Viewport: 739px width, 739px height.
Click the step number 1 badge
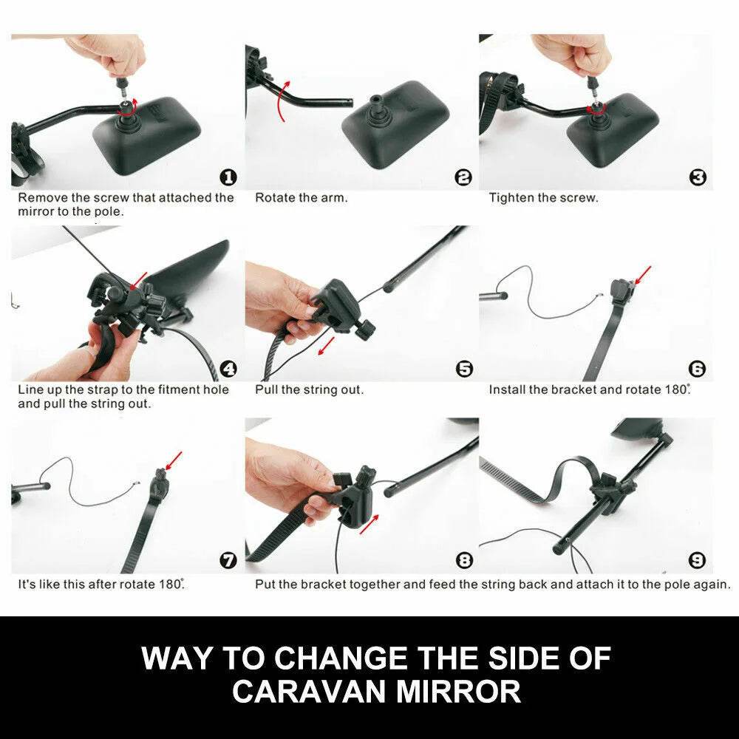[228, 177]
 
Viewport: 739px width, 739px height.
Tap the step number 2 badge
[463, 177]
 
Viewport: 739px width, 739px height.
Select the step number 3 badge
[698, 177]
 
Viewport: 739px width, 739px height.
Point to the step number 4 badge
[228, 369]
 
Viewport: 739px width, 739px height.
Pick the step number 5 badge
[464, 369]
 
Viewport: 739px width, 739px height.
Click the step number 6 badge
[698, 369]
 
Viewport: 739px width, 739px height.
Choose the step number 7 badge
[228, 560]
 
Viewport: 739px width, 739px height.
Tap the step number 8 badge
[464, 560]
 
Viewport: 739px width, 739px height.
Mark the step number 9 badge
[698, 560]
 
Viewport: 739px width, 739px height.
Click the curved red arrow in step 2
[279, 99]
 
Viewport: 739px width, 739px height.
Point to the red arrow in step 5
[327, 347]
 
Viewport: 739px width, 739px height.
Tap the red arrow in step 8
[369, 524]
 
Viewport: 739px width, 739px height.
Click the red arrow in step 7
[173, 461]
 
